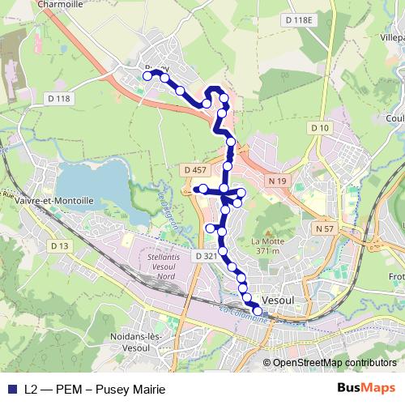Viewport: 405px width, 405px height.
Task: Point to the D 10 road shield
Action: click(320, 128)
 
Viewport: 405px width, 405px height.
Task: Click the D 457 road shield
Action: click(195, 169)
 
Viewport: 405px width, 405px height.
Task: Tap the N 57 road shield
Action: click(325, 229)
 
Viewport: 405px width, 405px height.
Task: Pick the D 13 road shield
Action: click(58, 245)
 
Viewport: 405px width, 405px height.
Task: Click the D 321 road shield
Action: click(206, 256)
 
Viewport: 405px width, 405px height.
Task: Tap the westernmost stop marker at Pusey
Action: click(147, 76)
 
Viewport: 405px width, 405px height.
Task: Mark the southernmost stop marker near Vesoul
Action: click(258, 311)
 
